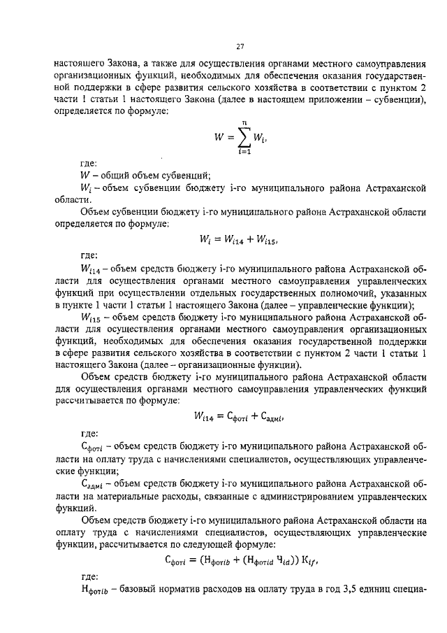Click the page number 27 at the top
239,46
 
